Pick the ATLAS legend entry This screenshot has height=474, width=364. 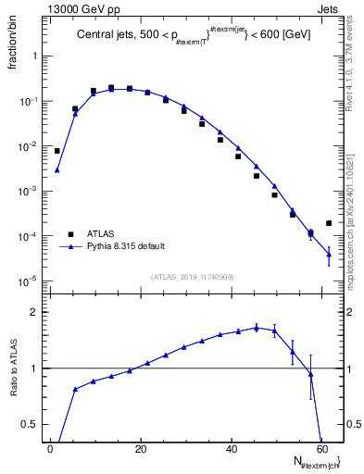point(98,234)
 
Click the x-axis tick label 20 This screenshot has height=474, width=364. point(140,449)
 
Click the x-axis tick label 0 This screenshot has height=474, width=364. point(51,449)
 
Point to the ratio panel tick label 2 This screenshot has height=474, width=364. point(34,313)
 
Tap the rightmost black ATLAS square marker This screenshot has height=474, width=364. point(329,223)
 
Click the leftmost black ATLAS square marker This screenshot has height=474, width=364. point(56,151)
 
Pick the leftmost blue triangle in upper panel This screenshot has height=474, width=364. point(56,170)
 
